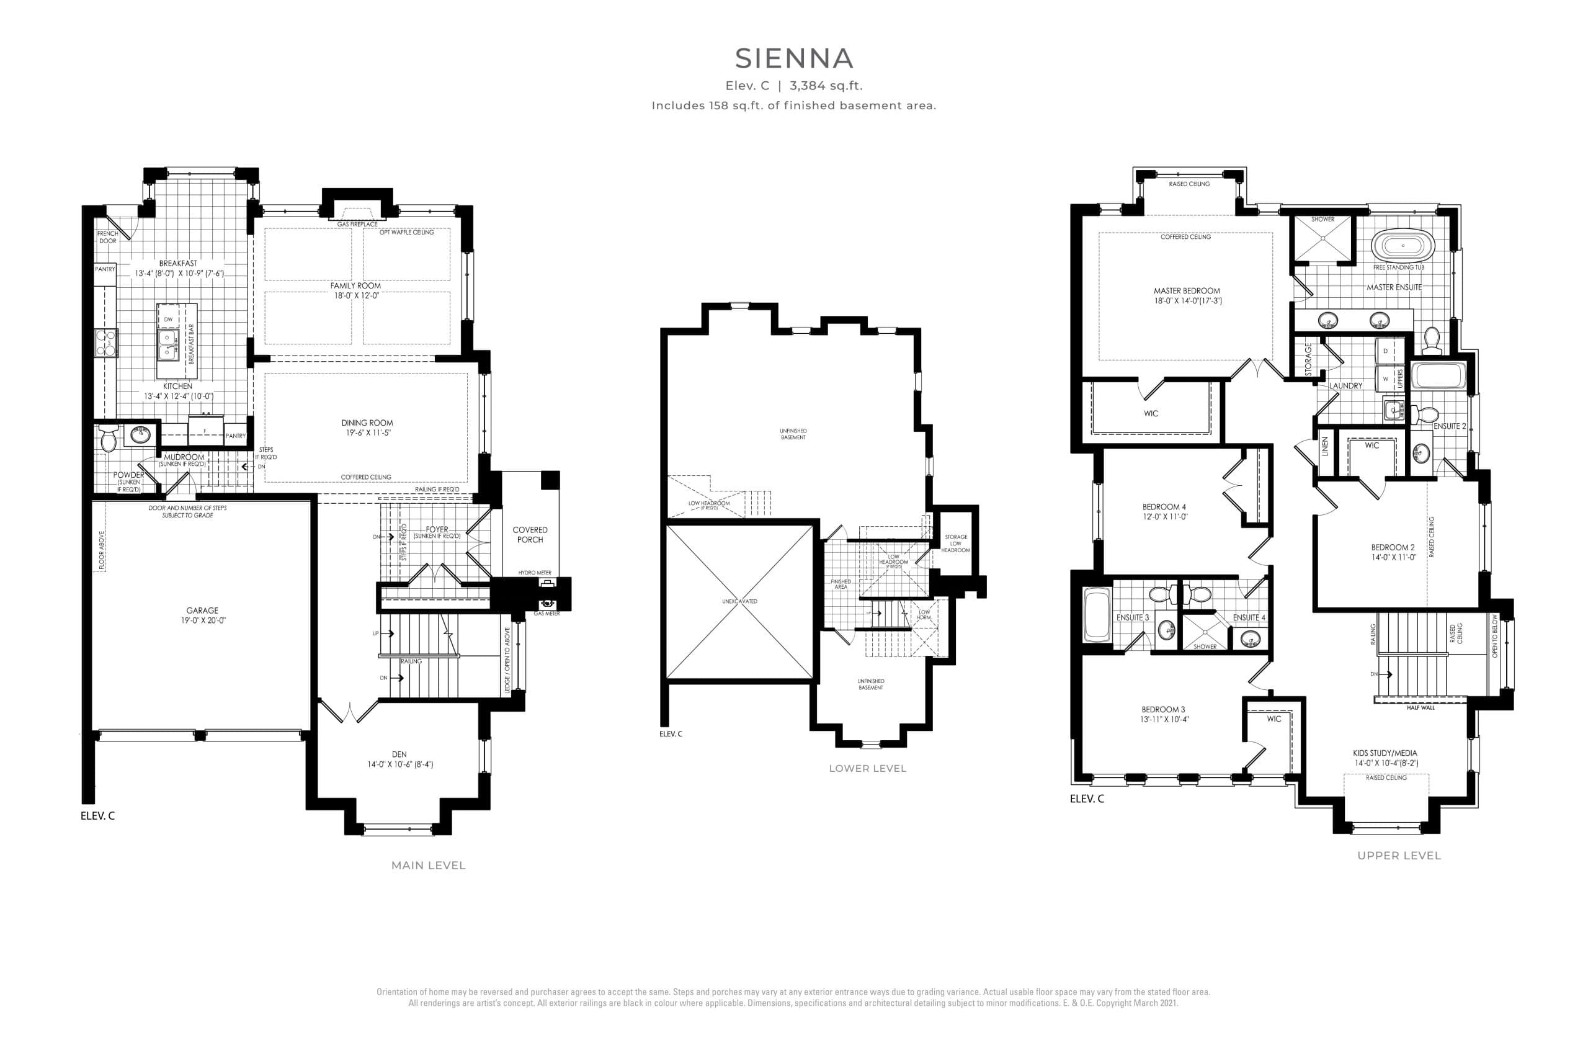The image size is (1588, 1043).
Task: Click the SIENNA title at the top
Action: point(793,59)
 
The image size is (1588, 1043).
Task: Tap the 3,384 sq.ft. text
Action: point(826,86)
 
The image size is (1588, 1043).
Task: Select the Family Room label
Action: point(355,285)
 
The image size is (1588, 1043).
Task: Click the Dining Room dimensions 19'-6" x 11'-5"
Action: point(367,432)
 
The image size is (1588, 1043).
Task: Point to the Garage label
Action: point(202,610)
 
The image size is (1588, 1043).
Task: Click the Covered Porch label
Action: point(530,534)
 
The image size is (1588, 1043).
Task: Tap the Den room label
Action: point(399,754)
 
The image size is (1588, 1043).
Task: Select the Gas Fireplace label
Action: point(357,224)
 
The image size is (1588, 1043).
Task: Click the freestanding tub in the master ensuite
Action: point(1403,246)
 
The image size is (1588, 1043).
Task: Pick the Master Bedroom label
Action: point(1186,291)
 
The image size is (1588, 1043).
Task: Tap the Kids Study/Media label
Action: point(1385,753)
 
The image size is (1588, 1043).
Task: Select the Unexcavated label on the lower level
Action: point(739,601)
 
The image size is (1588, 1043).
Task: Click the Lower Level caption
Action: point(867,768)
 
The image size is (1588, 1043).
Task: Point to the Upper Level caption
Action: point(1399,855)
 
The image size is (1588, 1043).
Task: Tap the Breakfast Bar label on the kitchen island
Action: point(191,344)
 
